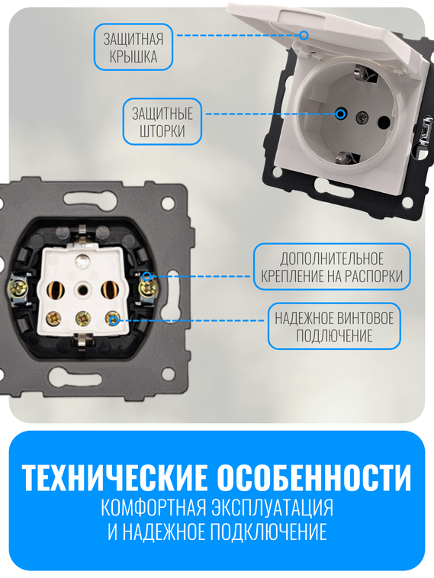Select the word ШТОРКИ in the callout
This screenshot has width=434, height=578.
[162, 131]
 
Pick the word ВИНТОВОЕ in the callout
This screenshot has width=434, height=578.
[365, 318]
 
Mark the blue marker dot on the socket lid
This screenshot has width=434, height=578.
[304, 34]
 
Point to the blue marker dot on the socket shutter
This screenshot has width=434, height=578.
[340, 114]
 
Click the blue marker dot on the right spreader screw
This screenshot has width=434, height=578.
[146, 278]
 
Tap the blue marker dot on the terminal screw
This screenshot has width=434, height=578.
[113, 320]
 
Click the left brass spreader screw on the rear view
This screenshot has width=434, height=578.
[18, 288]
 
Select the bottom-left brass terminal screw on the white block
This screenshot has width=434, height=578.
[54, 319]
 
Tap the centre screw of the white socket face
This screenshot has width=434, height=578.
[363, 118]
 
